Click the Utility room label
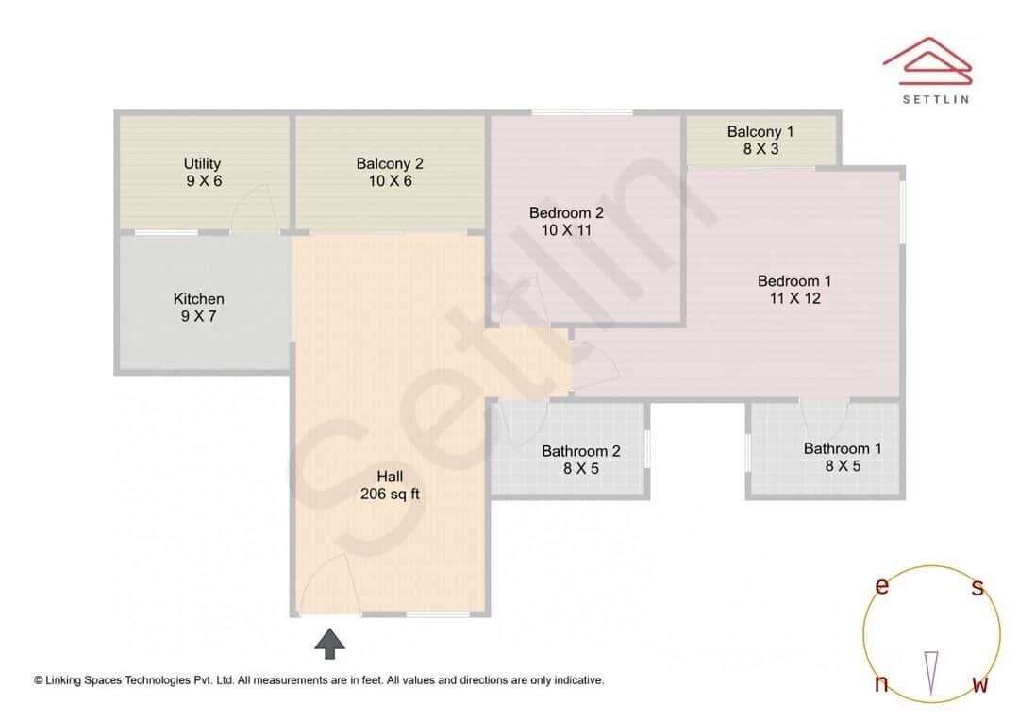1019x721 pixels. click(x=202, y=164)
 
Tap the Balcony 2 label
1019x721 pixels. click(x=390, y=164)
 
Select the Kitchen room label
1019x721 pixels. click(x=199, y=299)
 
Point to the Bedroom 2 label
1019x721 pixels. click(x=566, y=213)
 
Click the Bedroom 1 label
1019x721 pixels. click(x=794, y=281)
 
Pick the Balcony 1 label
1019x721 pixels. click(x=760, y=132)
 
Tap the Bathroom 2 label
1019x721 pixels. click(x=581, y=451)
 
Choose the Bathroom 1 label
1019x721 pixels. click(x=843, y=448)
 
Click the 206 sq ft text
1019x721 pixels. click(x=391, y=494)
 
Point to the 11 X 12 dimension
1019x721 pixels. click(x=794, y=298)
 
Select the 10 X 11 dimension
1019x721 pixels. click(x=566, y=229)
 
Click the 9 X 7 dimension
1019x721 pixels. click(x=199, y=316)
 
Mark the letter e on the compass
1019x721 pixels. click(x=882, y=586)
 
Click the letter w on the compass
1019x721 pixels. click(x=980, y=684)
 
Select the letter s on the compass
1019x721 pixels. click(x=977, y=588)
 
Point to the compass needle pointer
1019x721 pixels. click(x=931, y=671)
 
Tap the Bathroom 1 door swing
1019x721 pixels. click(x=825, y=417)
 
